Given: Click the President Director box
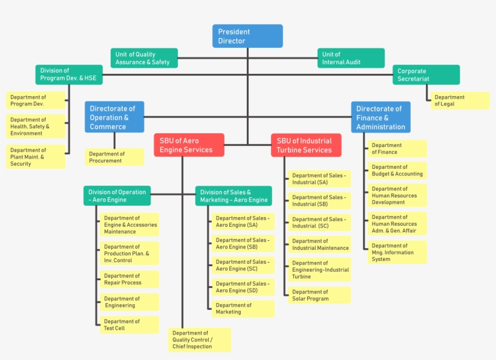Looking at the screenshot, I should click(247, 36).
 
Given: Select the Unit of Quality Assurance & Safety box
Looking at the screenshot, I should click(144, 58).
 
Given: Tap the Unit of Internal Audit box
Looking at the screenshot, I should click(351, 58).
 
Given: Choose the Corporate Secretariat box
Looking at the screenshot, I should click(426, 75).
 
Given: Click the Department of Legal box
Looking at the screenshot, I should click(459, 100).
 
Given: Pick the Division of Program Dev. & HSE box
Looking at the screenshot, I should click(68, 74).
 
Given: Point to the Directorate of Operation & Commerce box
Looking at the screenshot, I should click(114, 117).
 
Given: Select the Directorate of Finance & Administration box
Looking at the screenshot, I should click(380, 117).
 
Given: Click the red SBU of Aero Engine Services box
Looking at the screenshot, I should click(189, 145).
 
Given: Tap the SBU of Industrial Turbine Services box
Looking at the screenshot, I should click(306, 145).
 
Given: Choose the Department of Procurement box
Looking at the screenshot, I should click(114, 157).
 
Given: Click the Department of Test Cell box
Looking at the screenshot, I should click(129, 325).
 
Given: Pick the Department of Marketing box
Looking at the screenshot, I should click(243, 309).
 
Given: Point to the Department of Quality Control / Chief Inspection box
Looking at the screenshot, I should click(200, 340).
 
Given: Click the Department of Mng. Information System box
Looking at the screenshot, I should click(397, 252).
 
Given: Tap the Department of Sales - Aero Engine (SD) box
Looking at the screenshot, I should click(243, 287).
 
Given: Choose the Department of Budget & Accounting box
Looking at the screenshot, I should click(397, 170).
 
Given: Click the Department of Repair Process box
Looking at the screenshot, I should click(129, 279).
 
